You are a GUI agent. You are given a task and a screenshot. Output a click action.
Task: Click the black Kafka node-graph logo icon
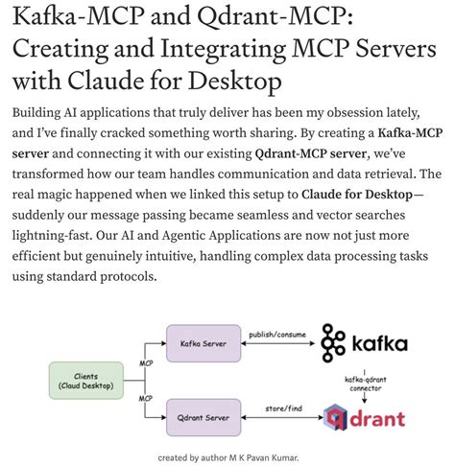click(334, 342)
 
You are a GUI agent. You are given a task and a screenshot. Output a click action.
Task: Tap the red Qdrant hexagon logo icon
click(335, 418)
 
